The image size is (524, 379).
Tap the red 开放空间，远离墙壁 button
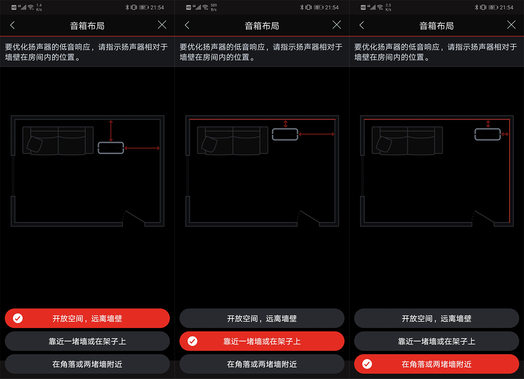coord(87,319)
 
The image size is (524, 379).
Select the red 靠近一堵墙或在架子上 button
coord(262,341)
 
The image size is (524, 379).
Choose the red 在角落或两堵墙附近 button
coord(437,364)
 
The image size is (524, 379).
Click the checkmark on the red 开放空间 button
coord(18,319)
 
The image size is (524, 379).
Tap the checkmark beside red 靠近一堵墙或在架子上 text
coord(192,341)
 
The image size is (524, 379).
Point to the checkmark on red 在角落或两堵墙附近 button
coord(367,364)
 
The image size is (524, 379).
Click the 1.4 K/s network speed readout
coord(39,7)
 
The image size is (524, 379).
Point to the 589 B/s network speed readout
coord(214,7)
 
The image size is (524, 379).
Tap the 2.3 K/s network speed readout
coord(388,7)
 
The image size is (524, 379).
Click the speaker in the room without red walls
coord(111,148)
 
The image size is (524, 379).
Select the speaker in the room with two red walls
coord(488,134)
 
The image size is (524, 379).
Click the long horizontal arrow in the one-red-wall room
coord(316,134)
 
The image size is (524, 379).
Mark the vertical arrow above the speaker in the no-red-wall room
coord(111,131)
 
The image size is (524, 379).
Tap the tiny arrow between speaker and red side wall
coord(505,134)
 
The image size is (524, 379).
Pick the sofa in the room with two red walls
coord(407,141)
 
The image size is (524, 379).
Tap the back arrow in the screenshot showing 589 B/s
coord(187,25)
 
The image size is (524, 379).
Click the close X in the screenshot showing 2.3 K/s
coord(511,25)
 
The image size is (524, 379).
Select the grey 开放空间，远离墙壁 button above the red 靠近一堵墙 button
coord(262,319)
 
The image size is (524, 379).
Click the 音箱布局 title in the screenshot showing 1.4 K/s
coord(87,26)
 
